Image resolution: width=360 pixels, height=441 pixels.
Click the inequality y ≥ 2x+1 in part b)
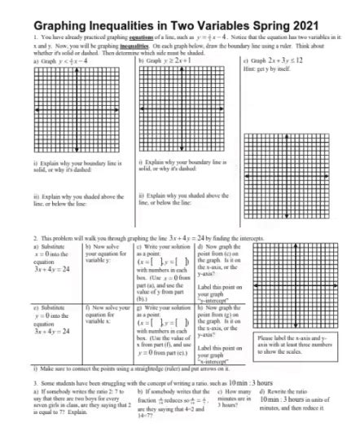(x=175, y=60)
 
